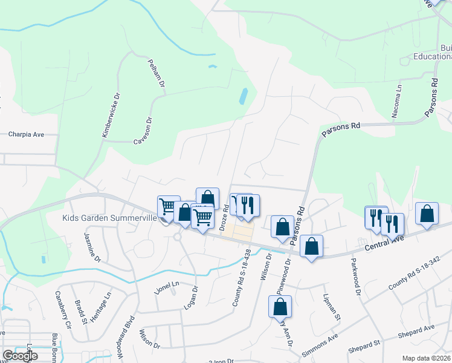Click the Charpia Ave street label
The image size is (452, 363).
tap(27, 135)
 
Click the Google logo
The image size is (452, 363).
tap(20, 356)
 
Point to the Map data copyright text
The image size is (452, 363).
tap(426, 358)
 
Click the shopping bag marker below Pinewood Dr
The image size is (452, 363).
tap(280, 307)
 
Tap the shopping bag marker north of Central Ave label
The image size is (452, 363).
tap(427, 214)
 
